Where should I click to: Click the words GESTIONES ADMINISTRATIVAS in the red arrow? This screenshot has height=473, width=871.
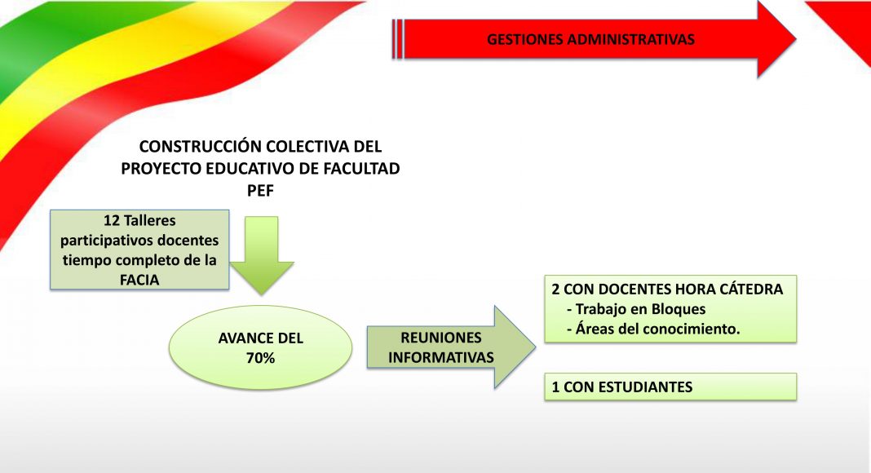(x=590, y=39)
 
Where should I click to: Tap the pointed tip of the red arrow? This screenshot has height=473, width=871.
(x=796, y=39)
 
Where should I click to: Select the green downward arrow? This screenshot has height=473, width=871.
(x=262, y=255)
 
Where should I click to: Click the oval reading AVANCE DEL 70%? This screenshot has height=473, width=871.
(x=260, y=347)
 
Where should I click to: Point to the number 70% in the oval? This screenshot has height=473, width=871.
(x=260, y=358)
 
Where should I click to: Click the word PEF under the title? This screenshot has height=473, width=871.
(x=260, y=190)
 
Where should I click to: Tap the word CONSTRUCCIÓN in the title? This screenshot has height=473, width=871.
(x=200, y=147)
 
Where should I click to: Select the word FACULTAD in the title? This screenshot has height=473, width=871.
(x=363, y=168)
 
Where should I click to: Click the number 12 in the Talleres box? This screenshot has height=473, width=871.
(x=112, y=220)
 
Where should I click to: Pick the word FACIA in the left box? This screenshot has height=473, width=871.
(x=139, y=280)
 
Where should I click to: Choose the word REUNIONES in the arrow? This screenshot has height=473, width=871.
(x=441, y=338)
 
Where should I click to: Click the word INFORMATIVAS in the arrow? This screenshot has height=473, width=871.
(x=441, y=357)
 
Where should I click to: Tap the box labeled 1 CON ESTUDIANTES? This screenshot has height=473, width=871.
(x=670, y=387)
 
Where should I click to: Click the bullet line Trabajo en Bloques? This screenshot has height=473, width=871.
(x=636, y=309)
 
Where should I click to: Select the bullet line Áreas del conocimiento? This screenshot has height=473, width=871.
(x=653, y=329)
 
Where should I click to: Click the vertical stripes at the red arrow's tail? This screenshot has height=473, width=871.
(x=397, y=39)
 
